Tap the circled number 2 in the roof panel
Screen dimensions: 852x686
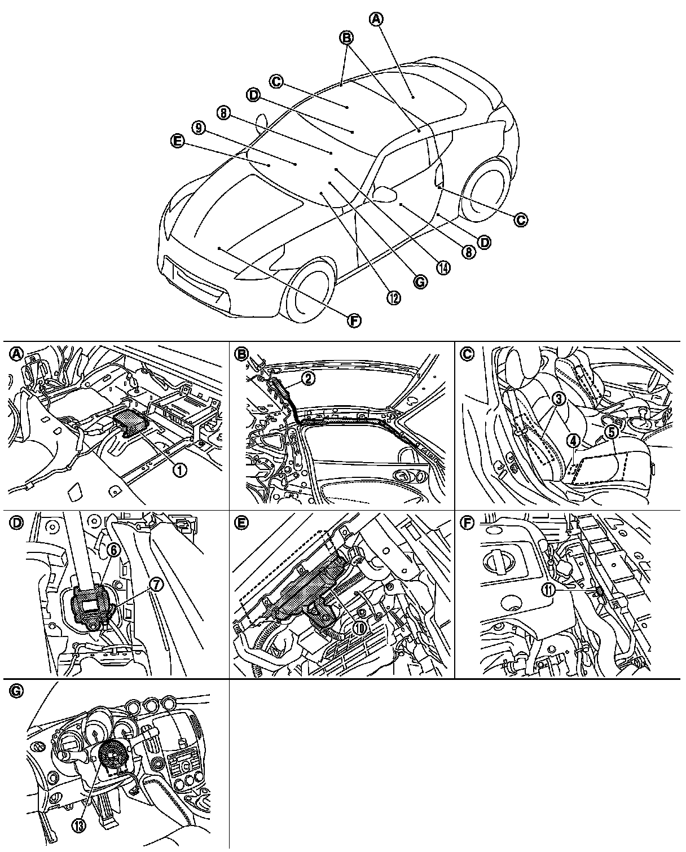click(308, 379)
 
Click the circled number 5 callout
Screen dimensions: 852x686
click(610, 432)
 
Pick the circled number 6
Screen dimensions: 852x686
click(113, 551)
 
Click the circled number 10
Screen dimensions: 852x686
click(360, 627)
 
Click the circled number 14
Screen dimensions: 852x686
click(444, 267)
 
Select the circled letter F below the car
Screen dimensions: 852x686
click(354, 320)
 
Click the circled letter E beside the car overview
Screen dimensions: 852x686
click(177, 143)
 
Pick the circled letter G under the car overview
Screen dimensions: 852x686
click(419, 282)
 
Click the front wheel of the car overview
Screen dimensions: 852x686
click(309, 293)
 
